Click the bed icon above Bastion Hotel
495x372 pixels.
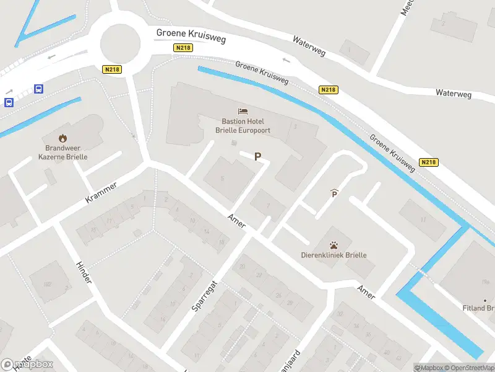point(243,112)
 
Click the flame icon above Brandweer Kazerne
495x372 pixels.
point(62,138)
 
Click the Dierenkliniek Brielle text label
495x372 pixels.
point(334,255)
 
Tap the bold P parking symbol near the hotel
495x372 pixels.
point(257,157)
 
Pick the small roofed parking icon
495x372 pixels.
point(334,193)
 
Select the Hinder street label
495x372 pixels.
point(84,272)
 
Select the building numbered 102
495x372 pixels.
point(47,285)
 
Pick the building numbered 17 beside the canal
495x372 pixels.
point(423,219)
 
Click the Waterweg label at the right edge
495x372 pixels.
point(453,94)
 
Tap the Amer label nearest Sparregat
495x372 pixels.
point(236,220)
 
